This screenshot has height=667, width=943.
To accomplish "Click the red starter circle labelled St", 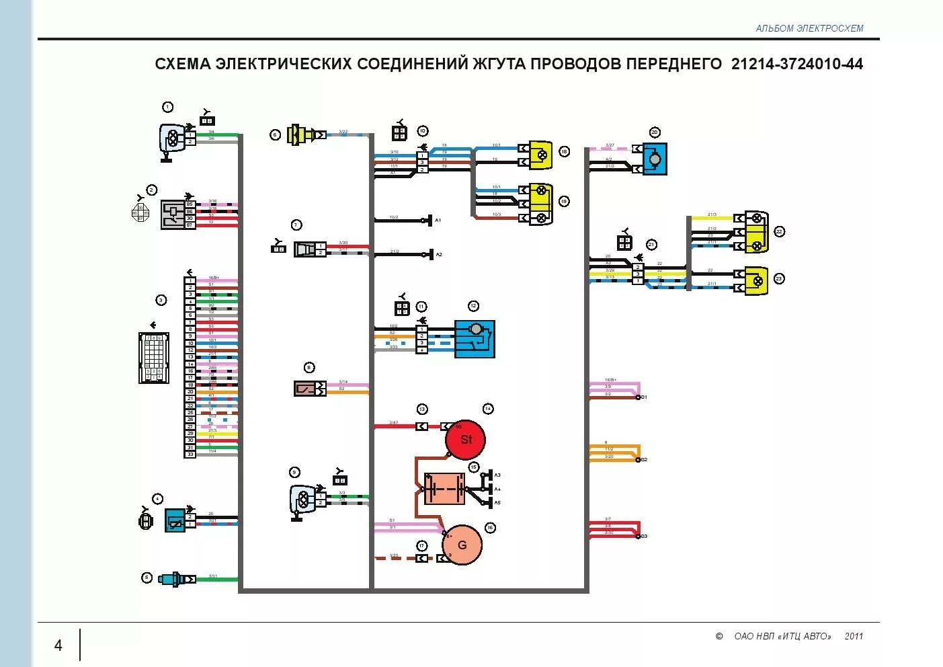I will pos(465,440).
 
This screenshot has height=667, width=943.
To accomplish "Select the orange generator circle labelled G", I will pos(462,545).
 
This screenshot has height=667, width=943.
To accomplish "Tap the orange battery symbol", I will pos(444,489).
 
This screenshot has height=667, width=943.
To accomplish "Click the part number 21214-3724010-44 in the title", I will pos(796,64).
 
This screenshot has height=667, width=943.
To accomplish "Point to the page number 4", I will pos(58,645).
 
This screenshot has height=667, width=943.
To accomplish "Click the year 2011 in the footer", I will pos(854,636).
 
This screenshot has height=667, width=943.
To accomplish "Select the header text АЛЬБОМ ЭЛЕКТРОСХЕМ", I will pos(809,28).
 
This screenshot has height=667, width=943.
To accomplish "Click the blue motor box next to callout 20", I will pos(655,159).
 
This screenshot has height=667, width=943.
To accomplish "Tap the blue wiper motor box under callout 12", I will pos(475,338).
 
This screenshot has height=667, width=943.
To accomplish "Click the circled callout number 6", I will pos(275,135).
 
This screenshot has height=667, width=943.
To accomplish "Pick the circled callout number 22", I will pos(779,231).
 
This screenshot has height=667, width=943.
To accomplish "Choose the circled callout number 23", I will pos(779,278).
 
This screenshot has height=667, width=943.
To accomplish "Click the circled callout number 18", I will pos(564,152).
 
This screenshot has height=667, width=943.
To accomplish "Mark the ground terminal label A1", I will pos(438,221).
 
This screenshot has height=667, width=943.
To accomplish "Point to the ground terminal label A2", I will pos(439,255).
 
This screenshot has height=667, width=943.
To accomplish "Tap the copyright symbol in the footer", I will pos(719,636).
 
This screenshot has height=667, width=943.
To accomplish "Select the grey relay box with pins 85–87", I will pos(173,215).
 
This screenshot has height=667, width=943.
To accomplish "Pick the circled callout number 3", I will pos(161,300).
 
